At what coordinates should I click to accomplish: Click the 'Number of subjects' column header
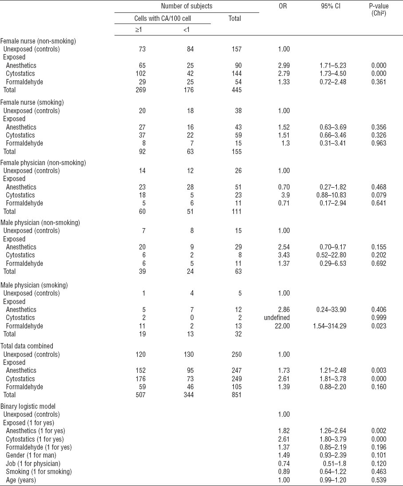[x=186, y=6]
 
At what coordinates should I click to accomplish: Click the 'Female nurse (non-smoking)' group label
[x=38, y=41]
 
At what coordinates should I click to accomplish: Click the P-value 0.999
[x=379, y=318]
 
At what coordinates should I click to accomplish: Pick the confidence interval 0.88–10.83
[x=331, y=195]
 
